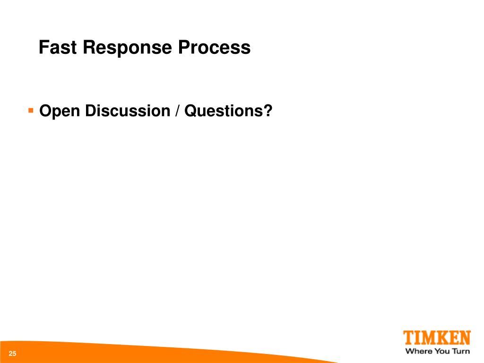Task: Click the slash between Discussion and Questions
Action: tap(177, 112)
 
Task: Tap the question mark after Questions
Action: tap(268, 111)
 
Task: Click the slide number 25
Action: tap(12, 354)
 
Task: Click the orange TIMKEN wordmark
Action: tap(437, 338)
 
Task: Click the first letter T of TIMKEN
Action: tap(408, 338)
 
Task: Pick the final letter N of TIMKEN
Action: tap(464, 338)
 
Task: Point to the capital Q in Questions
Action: tap(190, 111)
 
